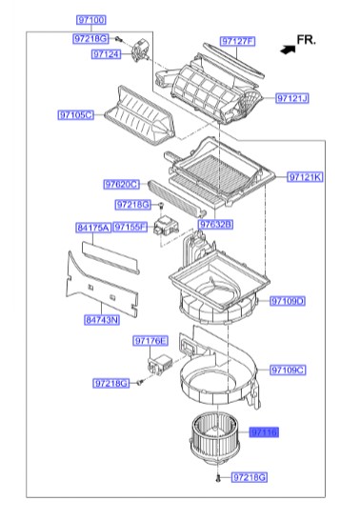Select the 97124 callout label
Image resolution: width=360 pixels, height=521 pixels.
(x=107, y=55)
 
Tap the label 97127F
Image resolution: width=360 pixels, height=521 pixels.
(x=237, y=42)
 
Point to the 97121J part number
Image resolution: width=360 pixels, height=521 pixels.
(x=293, y=98)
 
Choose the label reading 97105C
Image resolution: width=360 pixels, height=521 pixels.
(x=75, y=115)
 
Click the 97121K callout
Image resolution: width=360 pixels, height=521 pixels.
(x=304, y=177)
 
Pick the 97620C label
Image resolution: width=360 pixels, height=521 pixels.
(x=122, y=184)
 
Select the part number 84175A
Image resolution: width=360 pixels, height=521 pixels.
(x=92, y=228)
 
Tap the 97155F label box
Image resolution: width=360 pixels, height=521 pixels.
(x=130, y=228)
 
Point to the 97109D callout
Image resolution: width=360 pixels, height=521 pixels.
(x=286, y=301)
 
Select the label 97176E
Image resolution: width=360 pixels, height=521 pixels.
(x=150, y=341)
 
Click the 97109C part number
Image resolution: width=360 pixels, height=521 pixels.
(x=286, y=370)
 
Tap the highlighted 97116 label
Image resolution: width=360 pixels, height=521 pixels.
(x=264, y=431)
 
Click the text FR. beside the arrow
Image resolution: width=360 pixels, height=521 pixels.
(x=306, y=40)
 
